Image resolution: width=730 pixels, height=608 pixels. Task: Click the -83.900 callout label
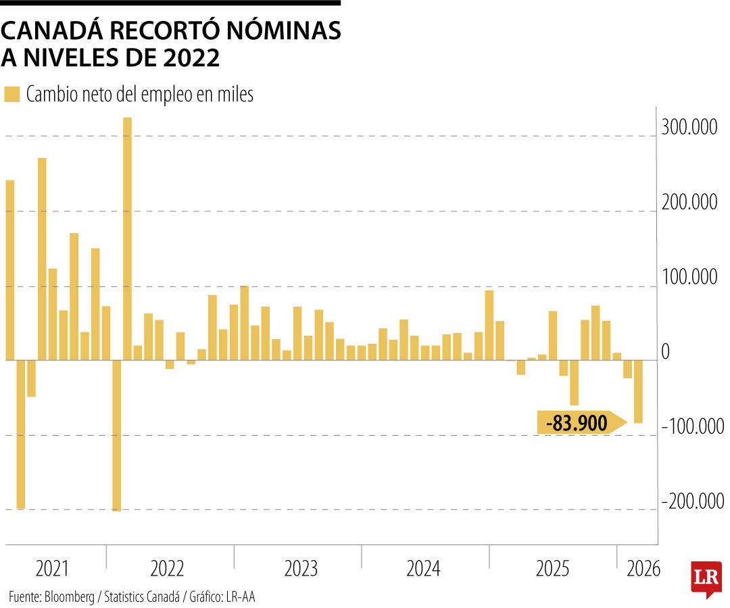click(x=577, y=424)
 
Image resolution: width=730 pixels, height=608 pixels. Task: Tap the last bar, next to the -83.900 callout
click(x=638, y=392)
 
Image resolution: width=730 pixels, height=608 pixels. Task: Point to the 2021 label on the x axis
click(x=52, y=569)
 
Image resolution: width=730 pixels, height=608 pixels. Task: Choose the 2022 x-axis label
click(x=167, y=569)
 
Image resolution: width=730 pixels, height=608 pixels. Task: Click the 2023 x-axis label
click(x=301, y=569)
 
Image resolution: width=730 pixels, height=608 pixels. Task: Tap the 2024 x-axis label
click(x=424, y=569)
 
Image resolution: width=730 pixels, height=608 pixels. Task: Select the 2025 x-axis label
click(x=553, y=569)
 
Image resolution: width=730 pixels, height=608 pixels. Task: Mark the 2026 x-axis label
click(x=643, y=569)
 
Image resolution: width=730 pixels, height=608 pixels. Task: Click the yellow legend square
click(x=12, y=95)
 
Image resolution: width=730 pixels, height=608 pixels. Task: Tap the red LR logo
click(x=706, y=578)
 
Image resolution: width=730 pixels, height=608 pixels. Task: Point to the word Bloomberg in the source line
click(x=72, y=597)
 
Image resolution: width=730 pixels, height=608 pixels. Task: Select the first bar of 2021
click(x=9, y=270)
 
